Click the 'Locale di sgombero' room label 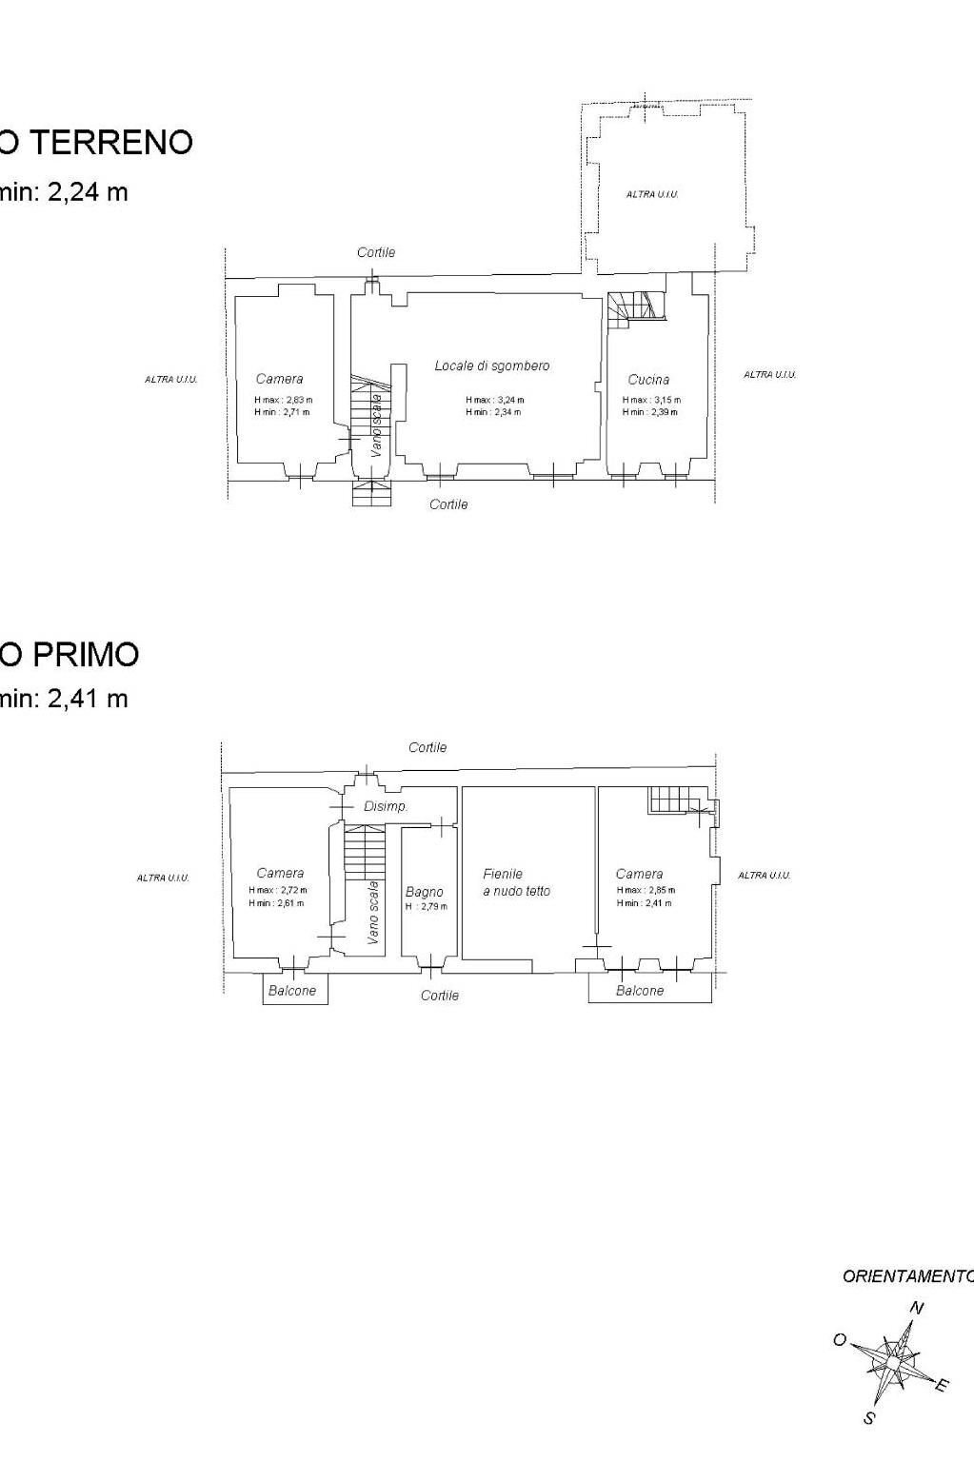(x=491, y=365)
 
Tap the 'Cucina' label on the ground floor (x=648, y=380)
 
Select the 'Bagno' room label (x=424, y=892)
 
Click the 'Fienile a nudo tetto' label (x=516, y=882)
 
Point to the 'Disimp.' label (x=386, y=806)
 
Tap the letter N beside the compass (x=916, y=1308)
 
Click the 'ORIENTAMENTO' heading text (x=907, y=1277)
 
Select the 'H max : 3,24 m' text (x=494, y=401)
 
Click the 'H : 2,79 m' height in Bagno (x=426, y=906)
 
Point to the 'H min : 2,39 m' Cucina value (x=650, y=412)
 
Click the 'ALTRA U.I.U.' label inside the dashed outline (x=652, y=194)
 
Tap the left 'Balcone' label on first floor (x=292, y=991)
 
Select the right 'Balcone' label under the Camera (x=640, y=991)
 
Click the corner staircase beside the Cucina (x=630, y=308)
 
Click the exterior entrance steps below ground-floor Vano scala (x=371, y=494)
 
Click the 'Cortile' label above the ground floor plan (x=376, y=252)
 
